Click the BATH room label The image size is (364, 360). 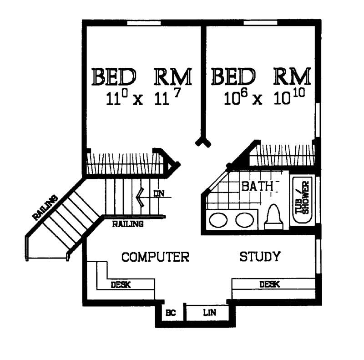[x=257, y=186]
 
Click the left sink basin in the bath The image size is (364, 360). [x=218, y=220]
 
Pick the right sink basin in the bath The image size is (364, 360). [x=244, y=220]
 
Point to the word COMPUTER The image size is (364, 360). [x=155, y=257]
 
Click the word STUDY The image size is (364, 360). [x=260, y=257]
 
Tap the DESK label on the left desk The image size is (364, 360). [x=121, y=285]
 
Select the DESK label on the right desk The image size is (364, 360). [x=269, y=284]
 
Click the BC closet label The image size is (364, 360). [x=171, y=313]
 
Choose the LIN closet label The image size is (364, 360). [x=209, y=313]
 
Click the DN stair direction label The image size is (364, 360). [x=158, y=193]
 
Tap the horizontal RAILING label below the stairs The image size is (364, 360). [x=128, y=223]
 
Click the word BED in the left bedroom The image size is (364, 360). [x=114, y=77]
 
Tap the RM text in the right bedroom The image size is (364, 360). [x=292, y=77]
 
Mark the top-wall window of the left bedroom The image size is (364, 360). [x=145, y=22]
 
